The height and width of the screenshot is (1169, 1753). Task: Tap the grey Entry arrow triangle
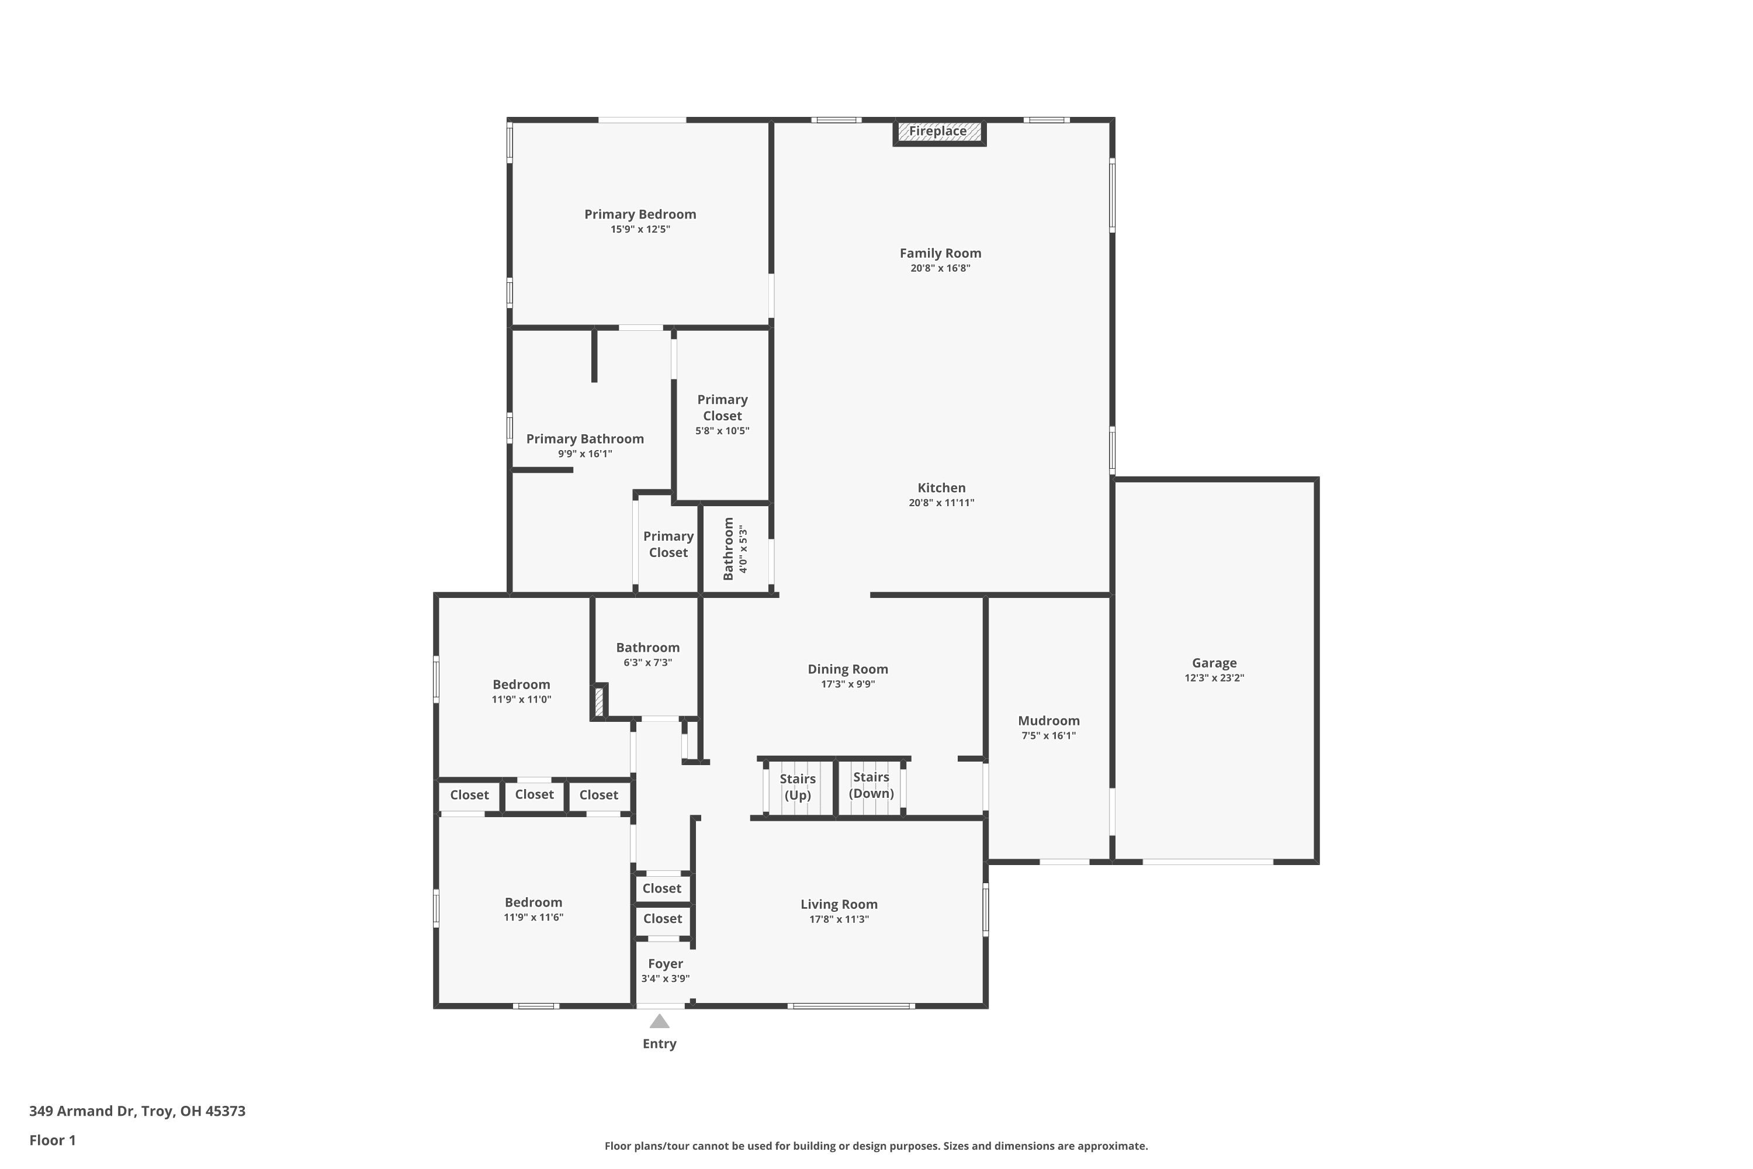click(660, 1021)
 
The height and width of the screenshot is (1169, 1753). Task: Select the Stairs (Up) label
click(798, 787)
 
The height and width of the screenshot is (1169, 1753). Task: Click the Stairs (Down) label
click(871, 785)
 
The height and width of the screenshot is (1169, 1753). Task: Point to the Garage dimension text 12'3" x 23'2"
click(1214, 677)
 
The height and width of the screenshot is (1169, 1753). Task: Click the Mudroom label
click(1049, 721)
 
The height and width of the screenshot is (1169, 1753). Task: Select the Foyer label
click(666, 964)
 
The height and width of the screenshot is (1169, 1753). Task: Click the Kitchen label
click(941, 488)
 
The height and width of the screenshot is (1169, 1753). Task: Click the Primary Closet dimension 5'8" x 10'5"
click(722, 431)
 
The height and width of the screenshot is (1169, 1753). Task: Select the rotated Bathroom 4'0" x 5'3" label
click(734, 549)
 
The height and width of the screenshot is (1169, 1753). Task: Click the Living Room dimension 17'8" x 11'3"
click(839, 919)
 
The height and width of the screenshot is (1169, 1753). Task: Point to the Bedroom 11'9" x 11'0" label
click(521, 685)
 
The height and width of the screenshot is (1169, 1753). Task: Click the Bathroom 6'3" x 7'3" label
click(647, 648)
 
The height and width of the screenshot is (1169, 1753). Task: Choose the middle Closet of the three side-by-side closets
click(535, 795)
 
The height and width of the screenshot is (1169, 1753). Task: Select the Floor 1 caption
click(52, 1140)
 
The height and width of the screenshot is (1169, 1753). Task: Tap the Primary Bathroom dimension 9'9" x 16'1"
click(585, 454)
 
